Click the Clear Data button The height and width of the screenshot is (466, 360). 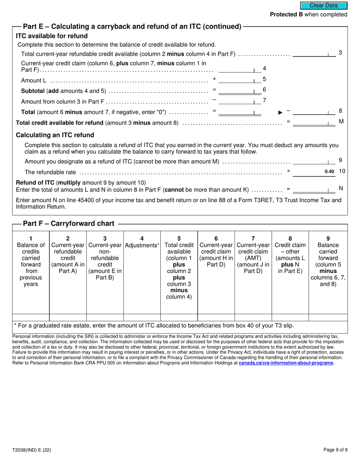tap(324, 5)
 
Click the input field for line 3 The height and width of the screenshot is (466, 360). tap(314, 53)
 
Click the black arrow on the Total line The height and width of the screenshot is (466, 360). tap(280, 113)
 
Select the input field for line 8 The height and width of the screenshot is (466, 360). tap(314, 112)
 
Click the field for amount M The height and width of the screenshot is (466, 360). tap(314, 122)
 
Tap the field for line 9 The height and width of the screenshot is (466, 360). tap(314, 161)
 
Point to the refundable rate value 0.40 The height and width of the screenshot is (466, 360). tap(329, 172)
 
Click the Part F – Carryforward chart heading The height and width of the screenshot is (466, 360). tap(69, 224)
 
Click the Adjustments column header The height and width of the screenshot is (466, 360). tap(142, 245)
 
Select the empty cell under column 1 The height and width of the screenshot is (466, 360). tap(31, 317)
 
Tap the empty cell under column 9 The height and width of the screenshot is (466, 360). tap(328, 317)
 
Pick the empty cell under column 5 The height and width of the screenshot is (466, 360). tap(179, 317)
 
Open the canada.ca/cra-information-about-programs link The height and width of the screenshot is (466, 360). tap(286, 363)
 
